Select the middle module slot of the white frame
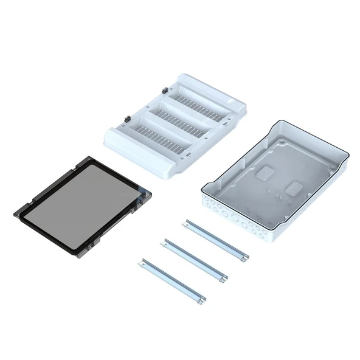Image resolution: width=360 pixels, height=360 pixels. [182, 117]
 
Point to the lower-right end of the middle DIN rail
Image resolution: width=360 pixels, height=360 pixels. [224, 278]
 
